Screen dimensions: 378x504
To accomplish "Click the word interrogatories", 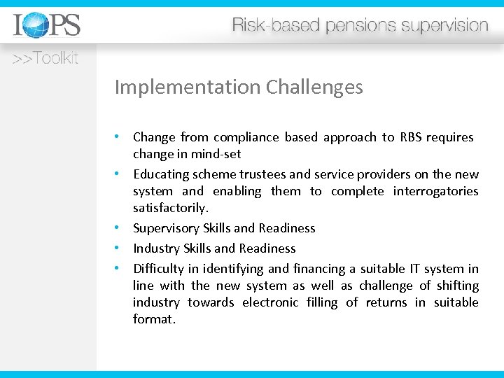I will (435, 191).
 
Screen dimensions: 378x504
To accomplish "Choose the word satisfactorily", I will (171, 208).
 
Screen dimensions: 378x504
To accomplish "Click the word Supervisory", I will (167, 228).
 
